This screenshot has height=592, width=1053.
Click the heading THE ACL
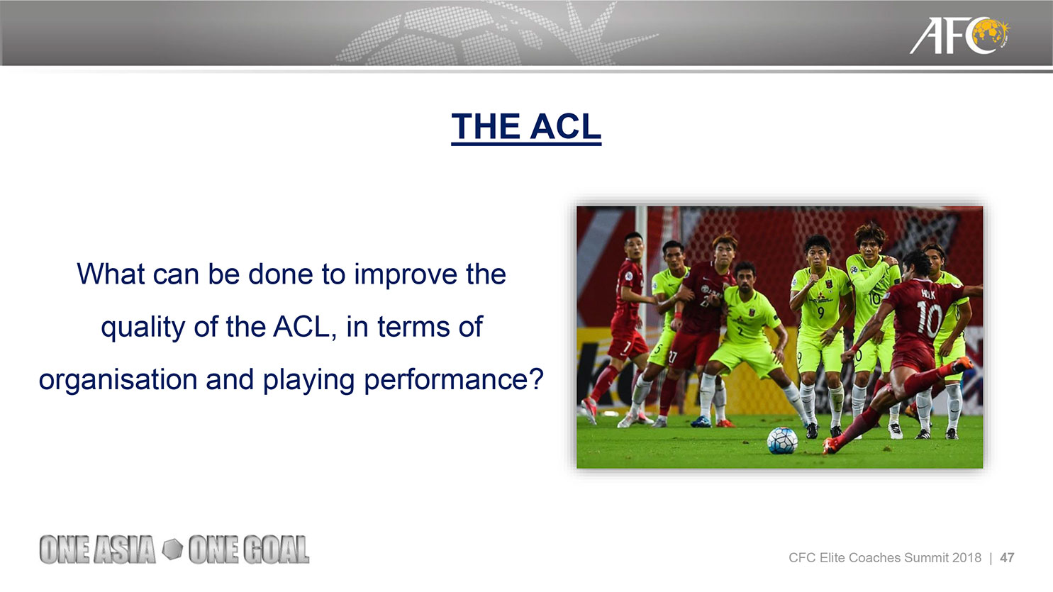(x=526, y=127)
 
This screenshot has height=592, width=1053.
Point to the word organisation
(x=118, y=379)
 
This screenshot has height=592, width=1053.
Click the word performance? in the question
(x=454, y=380)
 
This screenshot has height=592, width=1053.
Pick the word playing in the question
(x=308, y=380)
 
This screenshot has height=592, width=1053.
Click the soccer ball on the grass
(x=782, y=440)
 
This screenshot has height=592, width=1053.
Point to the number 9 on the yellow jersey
(x=821, y=313)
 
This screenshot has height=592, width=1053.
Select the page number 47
(x=1007, y=558)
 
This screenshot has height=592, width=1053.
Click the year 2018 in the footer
(x=966, y=558)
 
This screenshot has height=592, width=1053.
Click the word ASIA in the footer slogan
(x=125, y=549)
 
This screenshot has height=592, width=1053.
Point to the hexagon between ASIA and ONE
(x=172, y=549)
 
